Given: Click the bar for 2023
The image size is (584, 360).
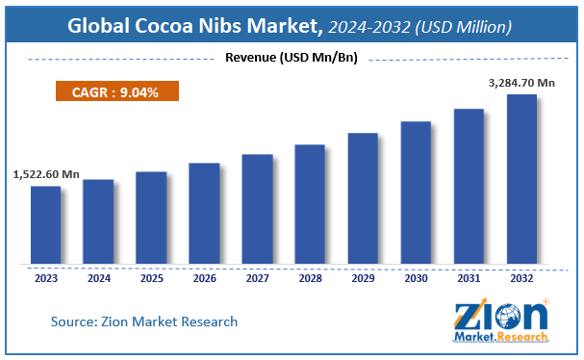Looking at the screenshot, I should [x=45, y=223].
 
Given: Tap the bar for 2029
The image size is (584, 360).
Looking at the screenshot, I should [x=363, y=197].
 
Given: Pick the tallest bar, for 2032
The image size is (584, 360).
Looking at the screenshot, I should [x=521, y=178].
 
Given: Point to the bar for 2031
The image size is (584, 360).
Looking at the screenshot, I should [x=469, y=185].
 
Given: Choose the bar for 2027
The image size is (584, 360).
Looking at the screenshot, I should [x=257, y=208].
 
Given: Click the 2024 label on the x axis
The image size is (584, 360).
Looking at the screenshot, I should [x=98, y=277].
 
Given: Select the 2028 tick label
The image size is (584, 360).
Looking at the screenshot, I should [x=310, y=277].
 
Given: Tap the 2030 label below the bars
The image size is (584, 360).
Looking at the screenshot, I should [x=416, y=277].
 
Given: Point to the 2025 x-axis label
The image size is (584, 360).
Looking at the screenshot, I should [x=151, y=277].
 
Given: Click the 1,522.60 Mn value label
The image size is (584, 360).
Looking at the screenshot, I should [x=46, y=174].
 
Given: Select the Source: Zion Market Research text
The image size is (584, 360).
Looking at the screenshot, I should [x=144, y=321].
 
